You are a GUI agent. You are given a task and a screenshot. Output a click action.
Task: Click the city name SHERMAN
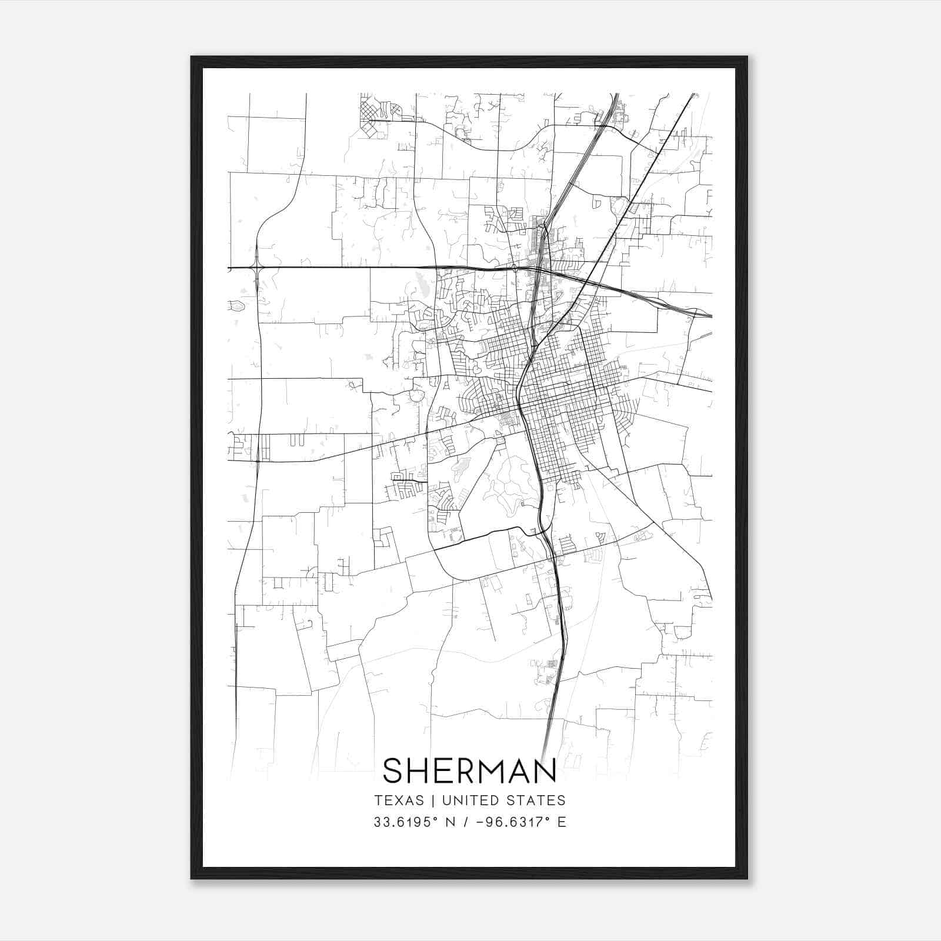[x=469, y=771]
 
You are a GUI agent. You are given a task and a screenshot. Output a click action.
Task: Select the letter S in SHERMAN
[x=393, y=771]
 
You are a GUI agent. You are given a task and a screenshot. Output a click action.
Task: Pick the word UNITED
[x=469, y=800]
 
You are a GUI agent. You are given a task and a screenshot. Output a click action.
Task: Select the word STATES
[x=536, y=800]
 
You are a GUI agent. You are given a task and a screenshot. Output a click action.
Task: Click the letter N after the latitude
[x=452, y=822]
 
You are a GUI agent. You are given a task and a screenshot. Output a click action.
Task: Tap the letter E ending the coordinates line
[x=562, y=822]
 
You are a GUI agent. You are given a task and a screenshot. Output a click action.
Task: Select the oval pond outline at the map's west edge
[x=236, y=306]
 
